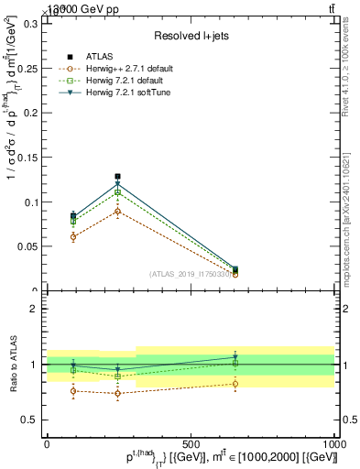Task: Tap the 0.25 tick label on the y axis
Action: click(27, 69)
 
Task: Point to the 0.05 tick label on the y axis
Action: click(27, 246)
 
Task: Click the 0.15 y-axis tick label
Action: click(27, 158)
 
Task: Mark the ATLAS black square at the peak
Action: click(117, 176)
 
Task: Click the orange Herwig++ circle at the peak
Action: click(117, 211)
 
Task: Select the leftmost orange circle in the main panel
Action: click(73, 236)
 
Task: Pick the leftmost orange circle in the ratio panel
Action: click(73, 391)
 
